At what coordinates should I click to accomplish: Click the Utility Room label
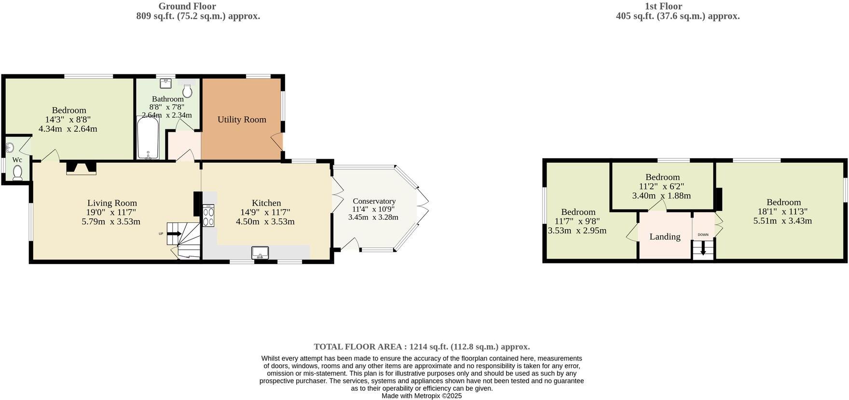[242, 120]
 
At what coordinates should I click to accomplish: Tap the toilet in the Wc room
[18, 173]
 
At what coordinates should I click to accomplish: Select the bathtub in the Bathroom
[145, 138]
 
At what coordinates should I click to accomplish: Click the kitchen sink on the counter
[260, 252]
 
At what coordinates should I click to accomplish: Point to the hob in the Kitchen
[209, 216]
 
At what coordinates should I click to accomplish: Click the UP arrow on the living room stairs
[175, 234]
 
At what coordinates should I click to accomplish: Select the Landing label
[665, 236]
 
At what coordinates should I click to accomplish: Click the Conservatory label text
[374, 201]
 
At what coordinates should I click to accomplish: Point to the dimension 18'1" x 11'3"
[783, 211]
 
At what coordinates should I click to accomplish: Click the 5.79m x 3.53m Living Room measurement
[111, 222]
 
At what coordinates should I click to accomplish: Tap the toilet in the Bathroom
[187, 91]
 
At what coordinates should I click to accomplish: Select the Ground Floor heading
[187, 6]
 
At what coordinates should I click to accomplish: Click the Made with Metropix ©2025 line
[422, 396]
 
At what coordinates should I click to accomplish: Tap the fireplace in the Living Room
[81, 167]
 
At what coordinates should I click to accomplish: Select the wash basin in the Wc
[9, 147]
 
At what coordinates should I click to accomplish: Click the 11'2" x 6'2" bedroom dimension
[662, 186]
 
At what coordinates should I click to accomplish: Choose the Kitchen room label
[266, 203]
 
